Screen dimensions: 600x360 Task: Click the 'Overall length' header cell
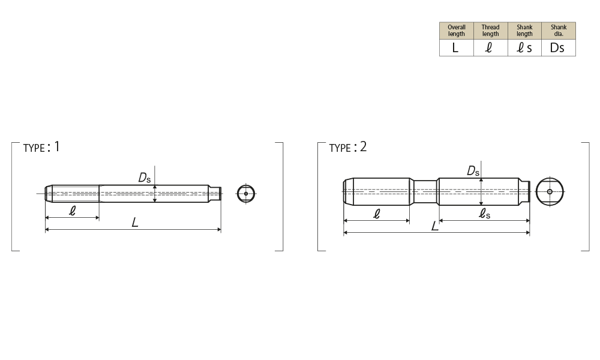pos(457,31)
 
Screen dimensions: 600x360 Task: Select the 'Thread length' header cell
pos(491,31)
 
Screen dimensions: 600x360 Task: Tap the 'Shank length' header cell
pos(524,31)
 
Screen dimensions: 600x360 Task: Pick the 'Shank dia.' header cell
pos(559,31)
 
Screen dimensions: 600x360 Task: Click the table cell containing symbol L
pos(457,48)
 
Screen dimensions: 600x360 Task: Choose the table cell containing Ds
pos(559,48)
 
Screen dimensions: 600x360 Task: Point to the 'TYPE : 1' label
pos(41,147)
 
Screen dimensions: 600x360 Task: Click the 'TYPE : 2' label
pos(348,147)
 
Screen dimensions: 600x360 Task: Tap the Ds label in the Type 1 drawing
pos(145,178)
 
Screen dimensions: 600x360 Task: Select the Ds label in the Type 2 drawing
pos(473,170)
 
